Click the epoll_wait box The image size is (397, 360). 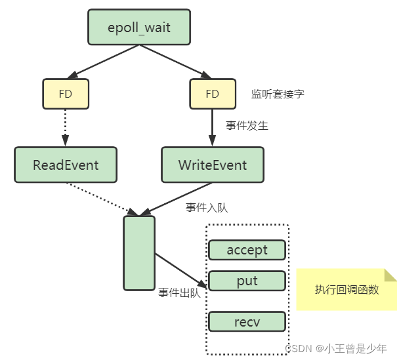(x=139, y=28)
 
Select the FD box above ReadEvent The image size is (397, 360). (x=66, y=94)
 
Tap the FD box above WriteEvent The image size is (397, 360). (x=213, y=94)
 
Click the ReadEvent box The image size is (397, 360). (x=66, y=164)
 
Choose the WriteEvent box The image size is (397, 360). (x=213, y=164)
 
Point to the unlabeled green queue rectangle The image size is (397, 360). (x=139, y=252)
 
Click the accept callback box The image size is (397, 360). (x=247, y=250)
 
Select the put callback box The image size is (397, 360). (x=247, y=281)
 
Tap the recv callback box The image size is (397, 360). (x=247, y=321)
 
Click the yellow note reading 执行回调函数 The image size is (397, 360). (x=346, y=289)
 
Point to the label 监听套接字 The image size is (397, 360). (x=278, y=94)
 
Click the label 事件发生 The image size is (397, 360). (x=247, y=125)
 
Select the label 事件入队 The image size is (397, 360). (x=207, y=207)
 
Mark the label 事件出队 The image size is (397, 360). (x=179, y=293)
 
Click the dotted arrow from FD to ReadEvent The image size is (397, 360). (x=66, y=127)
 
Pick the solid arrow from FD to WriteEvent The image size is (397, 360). (x=213, y=127)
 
